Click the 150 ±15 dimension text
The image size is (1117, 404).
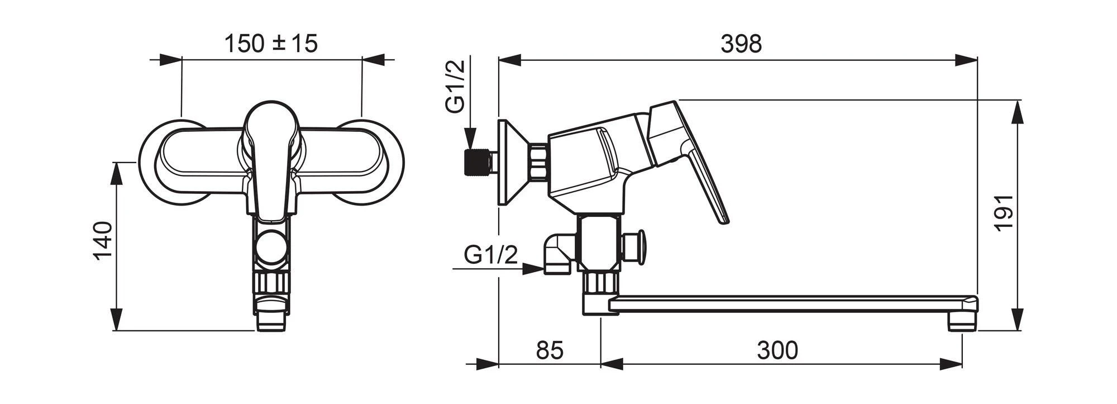271,44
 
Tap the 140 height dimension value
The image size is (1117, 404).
103,241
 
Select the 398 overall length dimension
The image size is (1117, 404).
741,44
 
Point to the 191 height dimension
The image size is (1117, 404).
1004,212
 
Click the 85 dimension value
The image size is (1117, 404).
550,350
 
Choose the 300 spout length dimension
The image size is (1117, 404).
777,350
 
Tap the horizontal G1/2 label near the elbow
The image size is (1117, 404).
491,255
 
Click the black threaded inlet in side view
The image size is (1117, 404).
475,161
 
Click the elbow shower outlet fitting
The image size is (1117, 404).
558,255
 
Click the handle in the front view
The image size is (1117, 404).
271,159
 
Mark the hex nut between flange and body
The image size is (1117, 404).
538,162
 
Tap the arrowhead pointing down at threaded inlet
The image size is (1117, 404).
471,138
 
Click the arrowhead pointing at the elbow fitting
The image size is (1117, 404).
533,269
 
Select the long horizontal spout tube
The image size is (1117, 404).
793,304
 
